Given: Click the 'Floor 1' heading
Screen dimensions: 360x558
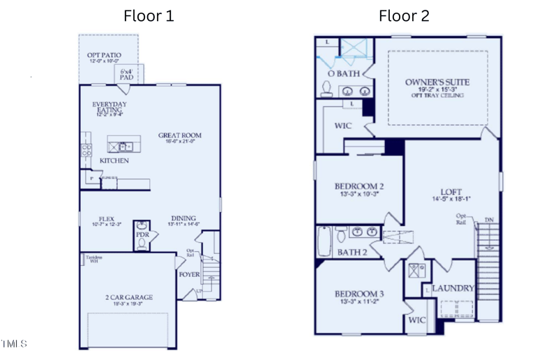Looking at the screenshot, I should click(149, 15).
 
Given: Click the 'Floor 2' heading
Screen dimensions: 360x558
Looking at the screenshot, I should click(404, 15).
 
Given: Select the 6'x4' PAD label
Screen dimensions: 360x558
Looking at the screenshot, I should click(126, 74).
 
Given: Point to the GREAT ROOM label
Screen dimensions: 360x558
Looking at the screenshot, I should click(179, 136).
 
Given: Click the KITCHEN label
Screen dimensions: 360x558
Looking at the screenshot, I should click(114, 160).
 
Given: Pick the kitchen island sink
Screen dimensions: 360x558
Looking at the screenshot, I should click(124, 147).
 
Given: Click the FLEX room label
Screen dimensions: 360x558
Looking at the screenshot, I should click(106, 218).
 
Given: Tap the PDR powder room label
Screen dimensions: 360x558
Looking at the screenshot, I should click(142, 235).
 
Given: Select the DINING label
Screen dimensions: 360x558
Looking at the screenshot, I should click(183, 218).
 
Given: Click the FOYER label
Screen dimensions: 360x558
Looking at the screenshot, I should click(189, 274).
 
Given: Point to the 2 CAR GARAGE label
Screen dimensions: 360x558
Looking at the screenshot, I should click(129, 297).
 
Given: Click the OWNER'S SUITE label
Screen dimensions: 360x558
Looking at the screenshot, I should click(437, 82).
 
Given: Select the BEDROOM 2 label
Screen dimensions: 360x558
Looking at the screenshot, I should click(359, 186).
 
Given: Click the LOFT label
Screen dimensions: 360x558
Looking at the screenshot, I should click(451, 192).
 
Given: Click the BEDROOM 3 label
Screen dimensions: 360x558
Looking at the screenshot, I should click(359, 293).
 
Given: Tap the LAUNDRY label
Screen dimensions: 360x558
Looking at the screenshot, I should click(453, 288).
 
